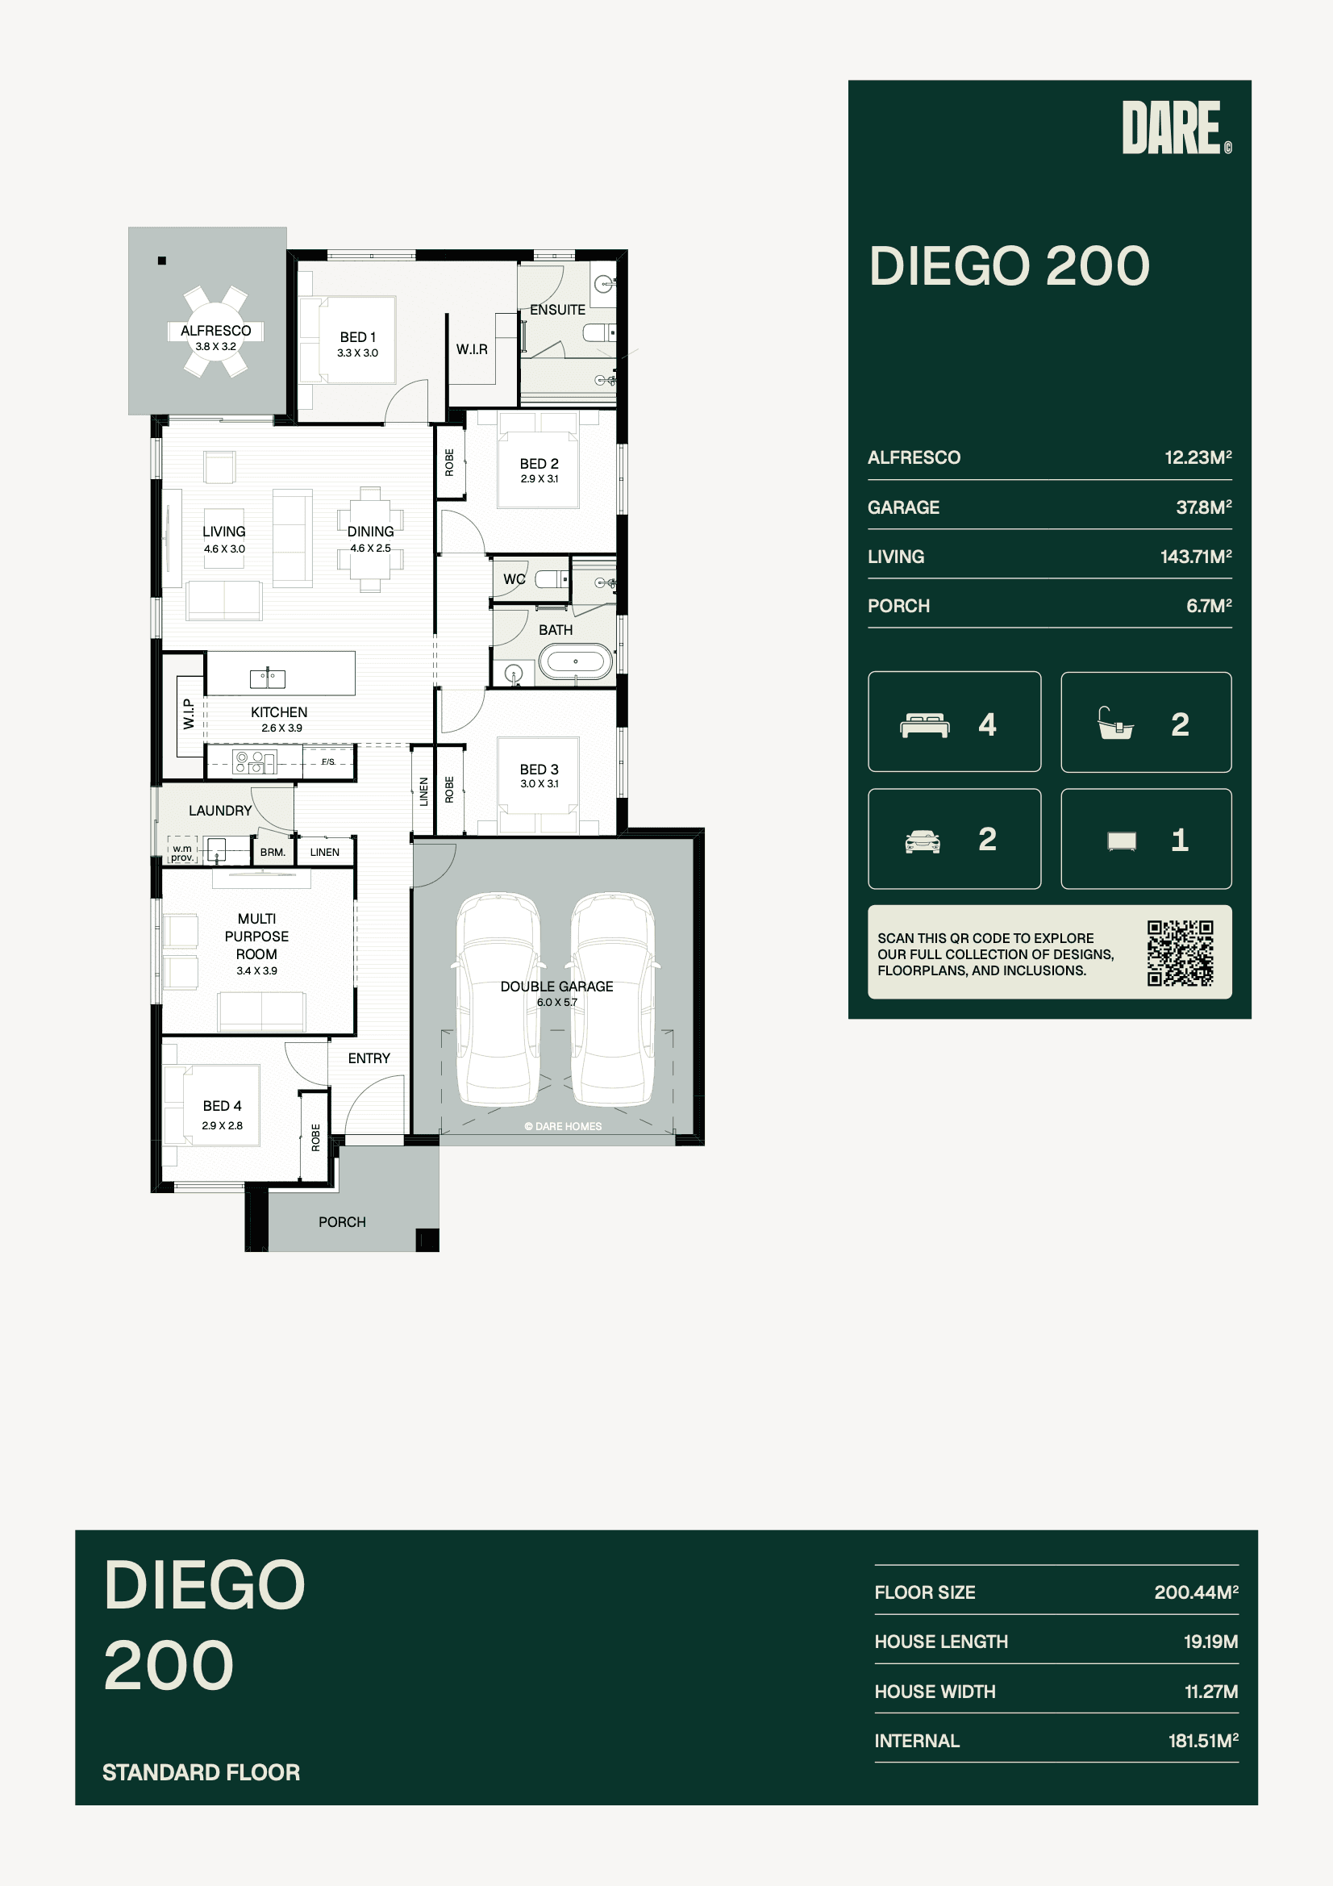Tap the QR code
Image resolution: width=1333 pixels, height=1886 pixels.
1181,953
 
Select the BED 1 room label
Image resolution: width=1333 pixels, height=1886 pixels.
358,338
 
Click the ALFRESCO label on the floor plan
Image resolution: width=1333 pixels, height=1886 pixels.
216,331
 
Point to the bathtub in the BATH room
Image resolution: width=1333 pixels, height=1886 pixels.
576,661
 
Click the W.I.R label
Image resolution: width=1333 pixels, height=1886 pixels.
473,350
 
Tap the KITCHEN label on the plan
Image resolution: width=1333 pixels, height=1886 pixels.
279,712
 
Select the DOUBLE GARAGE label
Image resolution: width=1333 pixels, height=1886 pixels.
557,987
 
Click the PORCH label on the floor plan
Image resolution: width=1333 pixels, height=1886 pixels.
343,1222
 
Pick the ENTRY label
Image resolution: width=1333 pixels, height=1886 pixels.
369,1059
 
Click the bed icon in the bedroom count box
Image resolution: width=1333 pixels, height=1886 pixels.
925,726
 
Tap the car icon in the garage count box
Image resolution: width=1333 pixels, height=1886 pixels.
923,841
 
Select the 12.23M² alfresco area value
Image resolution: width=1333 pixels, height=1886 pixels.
1198,457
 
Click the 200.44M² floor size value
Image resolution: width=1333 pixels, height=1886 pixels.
1197,1592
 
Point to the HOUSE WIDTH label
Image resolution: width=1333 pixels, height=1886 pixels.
935,1692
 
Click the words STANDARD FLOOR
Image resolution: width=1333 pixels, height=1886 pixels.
202,1772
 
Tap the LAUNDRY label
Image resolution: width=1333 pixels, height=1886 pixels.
220,811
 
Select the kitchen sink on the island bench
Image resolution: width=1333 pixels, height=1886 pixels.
268,678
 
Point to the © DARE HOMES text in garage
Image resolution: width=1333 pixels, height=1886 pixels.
564,1126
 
